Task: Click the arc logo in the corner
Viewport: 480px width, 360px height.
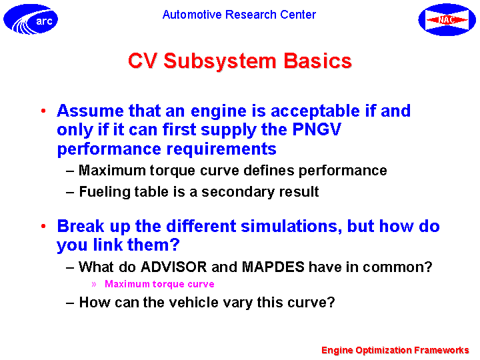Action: [31, 19]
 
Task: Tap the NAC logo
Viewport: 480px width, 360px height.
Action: [447, 19]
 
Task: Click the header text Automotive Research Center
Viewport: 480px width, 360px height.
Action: [239, 15]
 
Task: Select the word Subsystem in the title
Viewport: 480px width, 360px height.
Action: [219, 61]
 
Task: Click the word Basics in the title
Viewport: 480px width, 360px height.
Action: [318, 61]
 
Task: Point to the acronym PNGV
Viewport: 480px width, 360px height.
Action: [317, 129]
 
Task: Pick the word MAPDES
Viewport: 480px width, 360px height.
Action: [273, 267]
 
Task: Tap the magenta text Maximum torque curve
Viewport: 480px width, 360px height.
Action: [159, 284]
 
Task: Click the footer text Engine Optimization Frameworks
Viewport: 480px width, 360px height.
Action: [395, 350]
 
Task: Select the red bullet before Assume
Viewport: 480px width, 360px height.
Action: [43, 111]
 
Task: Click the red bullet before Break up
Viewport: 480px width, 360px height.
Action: [43, 226]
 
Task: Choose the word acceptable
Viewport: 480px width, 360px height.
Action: [315, 111]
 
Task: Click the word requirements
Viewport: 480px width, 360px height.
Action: [221, 149]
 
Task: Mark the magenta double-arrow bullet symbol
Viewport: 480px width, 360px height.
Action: [94, 285]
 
